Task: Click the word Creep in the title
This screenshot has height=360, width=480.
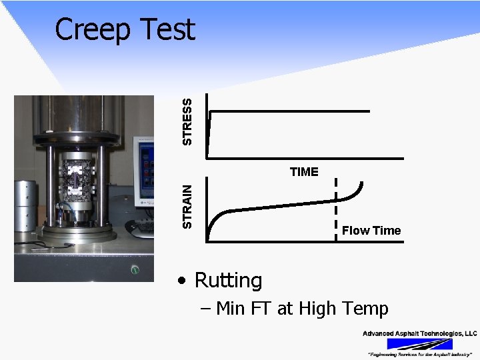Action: pyautogui.click(x=93, y=30)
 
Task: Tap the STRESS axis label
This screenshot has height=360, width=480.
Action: pyautogui.click(x=189, y=121)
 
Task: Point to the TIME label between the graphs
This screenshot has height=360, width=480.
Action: pyautogui.click(x=304, y=172)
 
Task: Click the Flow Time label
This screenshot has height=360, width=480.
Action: pyautogui.click(x=371, y=231)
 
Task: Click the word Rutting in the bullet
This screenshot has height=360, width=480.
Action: pyautogui.click(x=228, y=280)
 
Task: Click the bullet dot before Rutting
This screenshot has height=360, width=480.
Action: pyautogui.click(x=182, y=281)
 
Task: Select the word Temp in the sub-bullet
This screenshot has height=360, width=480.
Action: pyautogui.click(x=363, y=309)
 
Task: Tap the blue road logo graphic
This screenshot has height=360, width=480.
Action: pyautogui.click(x=419, y=344)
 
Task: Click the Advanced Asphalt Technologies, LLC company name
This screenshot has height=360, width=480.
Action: pyautogui.click(x=419, y=333)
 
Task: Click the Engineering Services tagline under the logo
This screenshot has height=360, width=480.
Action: pyautogui.click(x=419, y=354)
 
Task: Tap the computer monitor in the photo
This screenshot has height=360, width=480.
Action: pyautogui.click(x=144, y=170)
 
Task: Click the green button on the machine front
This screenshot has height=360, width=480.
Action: pyautogui.click(x=135, y=270)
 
